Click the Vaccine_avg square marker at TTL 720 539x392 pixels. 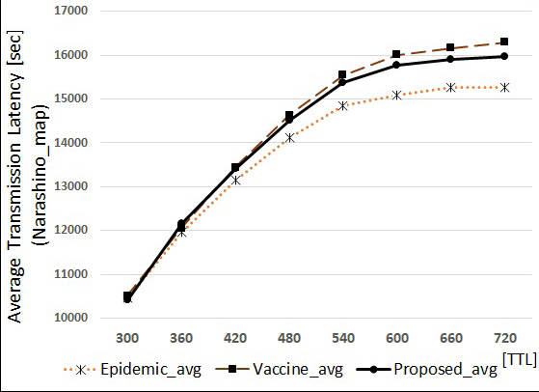[x=503, y=42]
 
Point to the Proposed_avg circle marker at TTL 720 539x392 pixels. [x=503, y=56]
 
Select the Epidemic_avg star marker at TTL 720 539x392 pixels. [x=503, y=87]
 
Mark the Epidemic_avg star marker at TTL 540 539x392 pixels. [x=342, y=105]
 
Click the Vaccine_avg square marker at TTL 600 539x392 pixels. [x=396, y=55]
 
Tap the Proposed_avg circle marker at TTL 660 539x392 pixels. [x=450, y=59]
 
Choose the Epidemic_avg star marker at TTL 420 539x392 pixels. [x=235, y=180]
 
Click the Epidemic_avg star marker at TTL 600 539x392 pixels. [x=396, y=95]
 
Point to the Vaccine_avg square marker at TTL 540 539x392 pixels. [x=342, y=74]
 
